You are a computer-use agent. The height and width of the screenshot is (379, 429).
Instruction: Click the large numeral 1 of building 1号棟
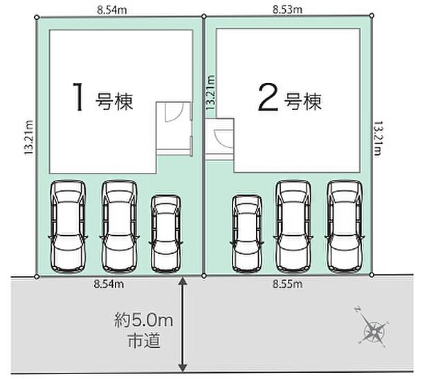click(80, 98)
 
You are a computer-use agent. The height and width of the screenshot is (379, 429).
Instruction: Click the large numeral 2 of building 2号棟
click(267, 98)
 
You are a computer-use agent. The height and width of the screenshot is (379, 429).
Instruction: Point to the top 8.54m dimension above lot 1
click(110, 9)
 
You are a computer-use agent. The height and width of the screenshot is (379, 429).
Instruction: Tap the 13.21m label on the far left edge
click(28, 139)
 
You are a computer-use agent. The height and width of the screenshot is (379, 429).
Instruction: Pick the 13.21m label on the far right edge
click(378, 139)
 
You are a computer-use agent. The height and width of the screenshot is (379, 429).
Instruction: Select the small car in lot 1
click(165, 232)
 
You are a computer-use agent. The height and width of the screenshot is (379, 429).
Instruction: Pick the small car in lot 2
click(246, 232)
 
